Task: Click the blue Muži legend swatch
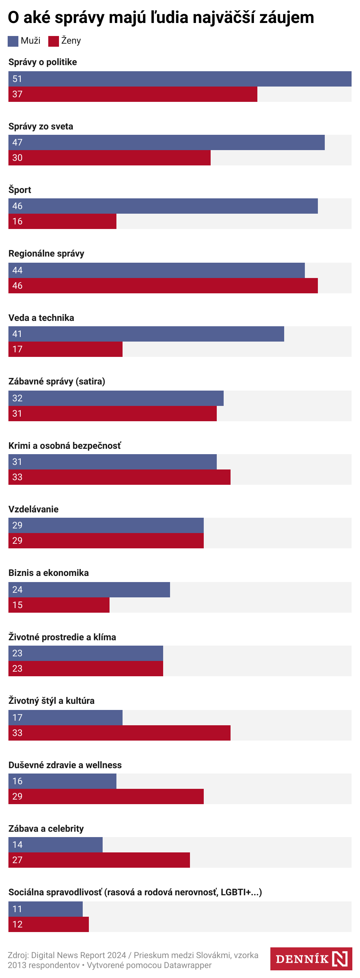13,41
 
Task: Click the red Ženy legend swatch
53,41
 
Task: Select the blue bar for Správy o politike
180,79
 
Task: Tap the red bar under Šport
62,221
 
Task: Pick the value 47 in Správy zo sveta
17,142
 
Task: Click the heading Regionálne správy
46,253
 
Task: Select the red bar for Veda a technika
65,349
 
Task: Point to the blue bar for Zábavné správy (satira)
116,398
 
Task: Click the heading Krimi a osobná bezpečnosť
65,446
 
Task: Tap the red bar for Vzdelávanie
106,541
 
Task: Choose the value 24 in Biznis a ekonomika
17,590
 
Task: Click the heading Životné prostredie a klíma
62,637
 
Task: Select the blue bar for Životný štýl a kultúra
65,718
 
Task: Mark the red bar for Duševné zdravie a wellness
106,796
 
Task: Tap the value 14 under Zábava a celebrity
17,845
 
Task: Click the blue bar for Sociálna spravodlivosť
46,909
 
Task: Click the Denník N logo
311,959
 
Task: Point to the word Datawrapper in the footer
188,965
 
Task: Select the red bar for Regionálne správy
163,286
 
